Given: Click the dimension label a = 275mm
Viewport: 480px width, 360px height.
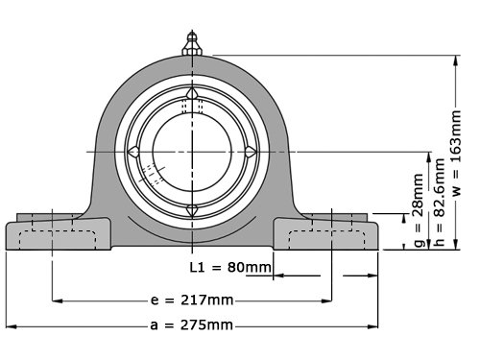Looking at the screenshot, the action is pos(191,325).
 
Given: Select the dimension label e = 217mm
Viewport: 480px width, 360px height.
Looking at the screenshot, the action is pos(192,300).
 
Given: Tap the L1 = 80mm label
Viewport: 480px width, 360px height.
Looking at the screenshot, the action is pos(230,267).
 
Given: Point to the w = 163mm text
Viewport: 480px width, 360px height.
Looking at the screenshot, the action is pos(457,153).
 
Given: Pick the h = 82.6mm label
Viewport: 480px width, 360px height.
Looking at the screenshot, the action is pos(440,202).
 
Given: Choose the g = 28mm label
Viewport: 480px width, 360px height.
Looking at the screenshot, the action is pos(420,210).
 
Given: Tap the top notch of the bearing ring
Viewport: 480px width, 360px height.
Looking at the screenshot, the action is pos(192,93).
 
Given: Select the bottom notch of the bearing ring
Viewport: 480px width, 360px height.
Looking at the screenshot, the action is pos(192,210).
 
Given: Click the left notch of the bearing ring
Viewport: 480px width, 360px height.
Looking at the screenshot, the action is pos(133,152).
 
